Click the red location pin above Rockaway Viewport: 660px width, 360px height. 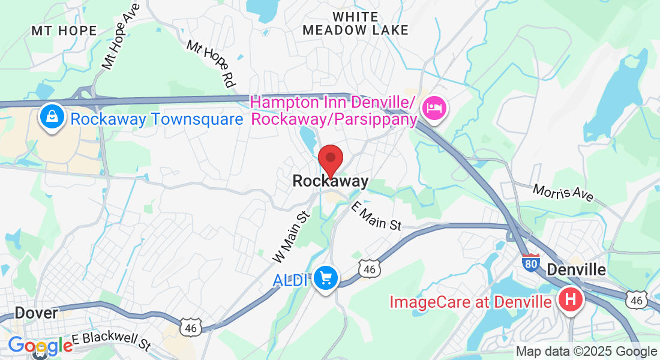tap(330, 158)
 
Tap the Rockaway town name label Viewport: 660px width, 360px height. tap(330, 181)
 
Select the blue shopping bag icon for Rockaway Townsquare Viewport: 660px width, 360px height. tap(52, 117)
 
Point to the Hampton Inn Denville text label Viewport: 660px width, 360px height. tap(334, 111)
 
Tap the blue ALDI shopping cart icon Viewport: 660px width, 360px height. tap(326, 278)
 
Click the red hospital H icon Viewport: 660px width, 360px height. tap(571, 299)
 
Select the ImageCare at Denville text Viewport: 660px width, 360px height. tap(470, 301)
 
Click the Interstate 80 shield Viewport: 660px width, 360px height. tap(530, 262)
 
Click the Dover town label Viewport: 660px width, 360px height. tap(36, 313)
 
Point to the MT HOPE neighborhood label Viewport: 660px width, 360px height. tap(64, 31)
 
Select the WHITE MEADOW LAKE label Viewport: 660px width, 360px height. tap(355, 23)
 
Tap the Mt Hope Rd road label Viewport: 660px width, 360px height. tap(209, 65)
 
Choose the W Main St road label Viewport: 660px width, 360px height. tap(290, 236)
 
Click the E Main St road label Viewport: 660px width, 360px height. tap(376, 216)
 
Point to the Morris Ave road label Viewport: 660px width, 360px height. tap(563, 192)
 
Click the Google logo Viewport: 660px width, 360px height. tap(40, 346)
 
